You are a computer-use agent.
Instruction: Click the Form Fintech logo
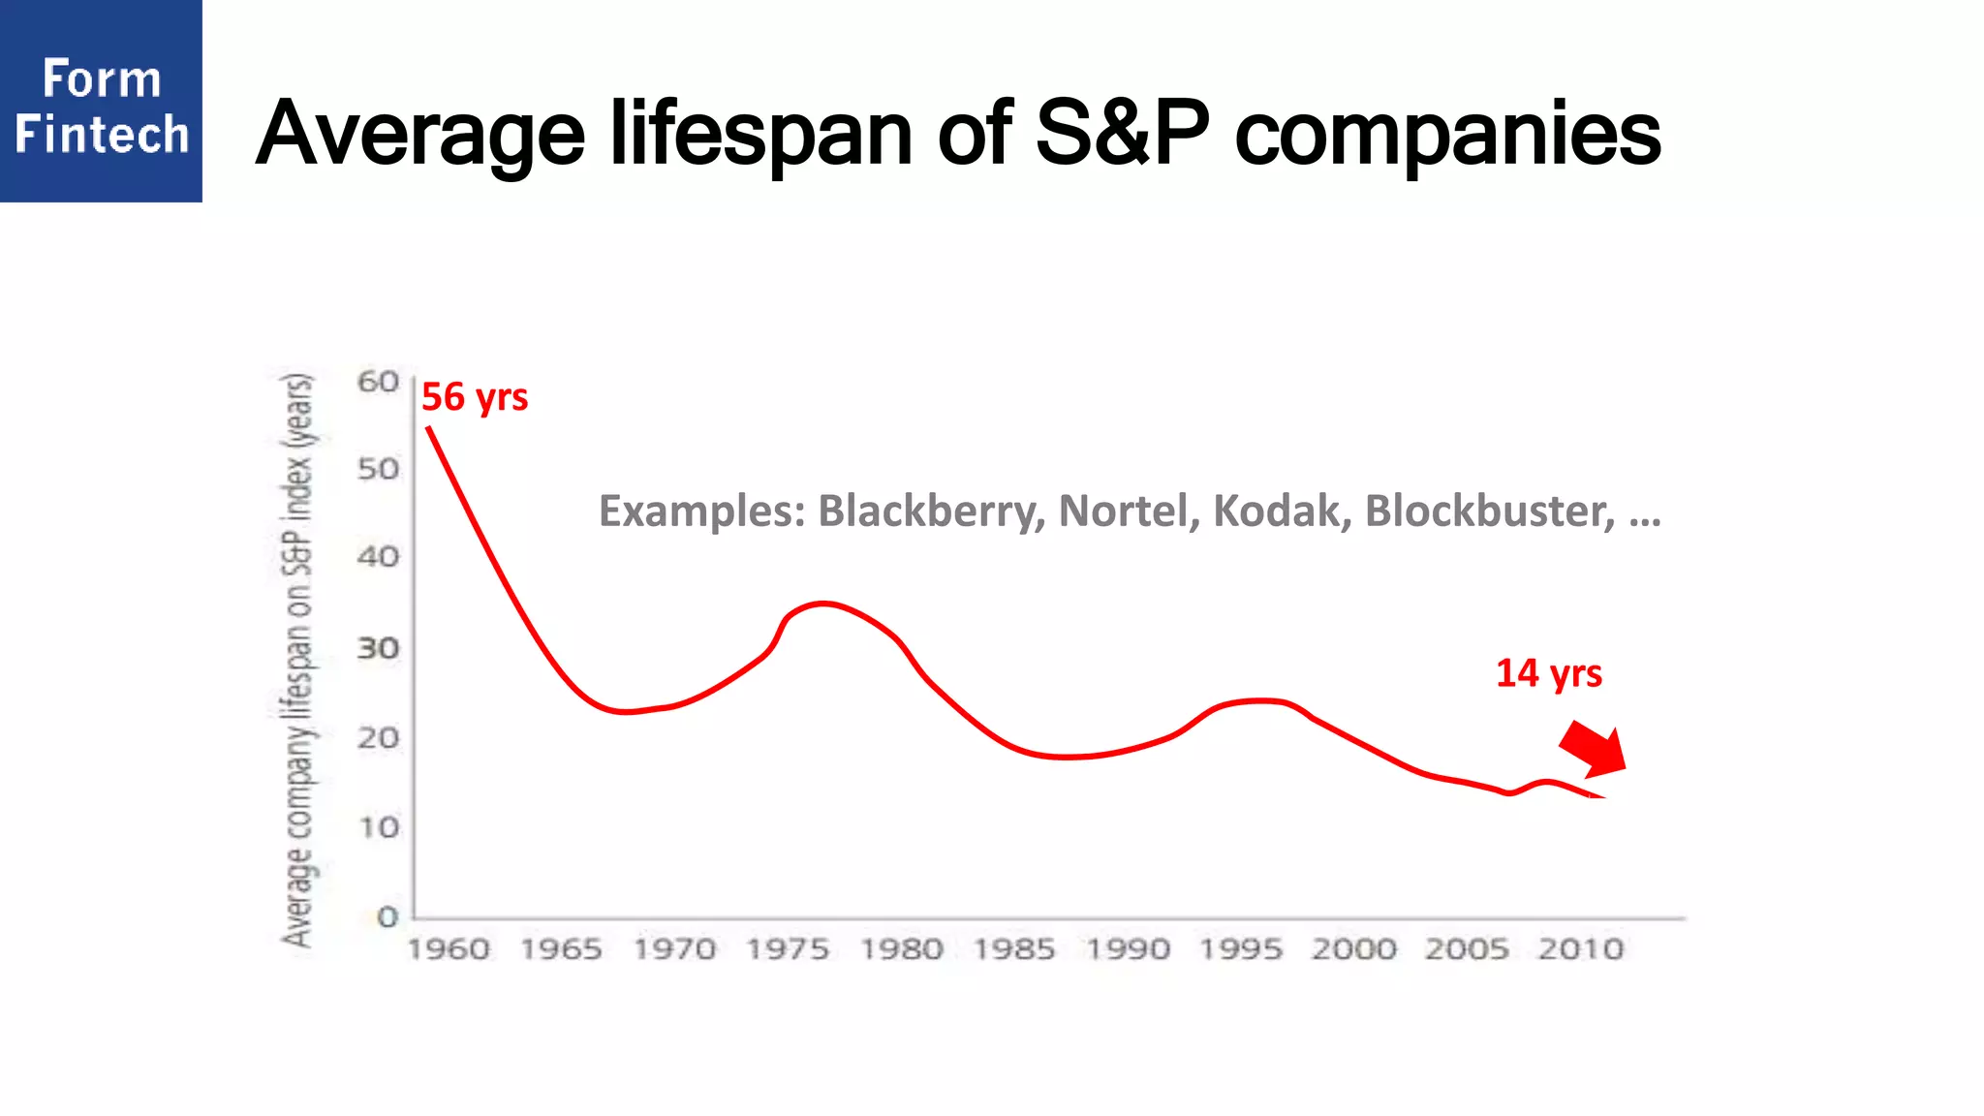101,102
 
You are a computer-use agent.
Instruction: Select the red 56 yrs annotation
475,397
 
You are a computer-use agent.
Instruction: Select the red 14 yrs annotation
1548,673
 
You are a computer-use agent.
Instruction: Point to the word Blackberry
931,511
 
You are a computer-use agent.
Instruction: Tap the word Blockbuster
1490,511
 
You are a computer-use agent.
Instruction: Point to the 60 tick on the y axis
378,382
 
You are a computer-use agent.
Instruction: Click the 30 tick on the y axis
378,648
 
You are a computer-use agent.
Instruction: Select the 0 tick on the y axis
387,916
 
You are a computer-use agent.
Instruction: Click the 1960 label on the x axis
449,949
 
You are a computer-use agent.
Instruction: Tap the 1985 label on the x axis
1014,949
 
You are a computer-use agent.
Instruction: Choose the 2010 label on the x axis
1580,949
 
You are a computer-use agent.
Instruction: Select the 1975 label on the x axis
788,949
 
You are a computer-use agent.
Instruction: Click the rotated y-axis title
298,660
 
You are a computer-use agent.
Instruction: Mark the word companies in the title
1447,135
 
